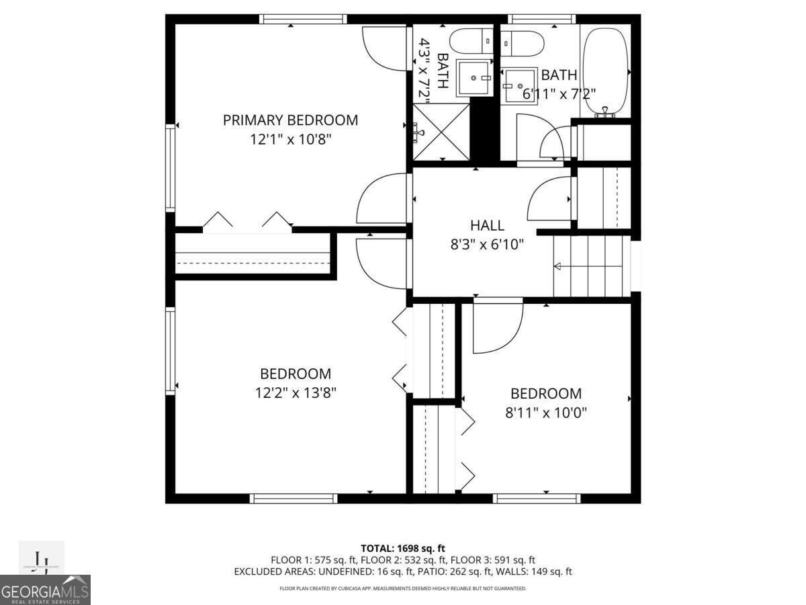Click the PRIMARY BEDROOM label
[290, 120]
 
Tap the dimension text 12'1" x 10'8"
[290, 139]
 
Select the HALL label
[487, 226]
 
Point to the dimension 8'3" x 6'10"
[487, 245]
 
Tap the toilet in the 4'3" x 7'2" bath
[472, 42]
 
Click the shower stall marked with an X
[441, 132]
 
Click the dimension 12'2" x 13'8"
[296, 393]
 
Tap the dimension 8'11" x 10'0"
[546, 413]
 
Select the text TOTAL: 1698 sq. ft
[403, 548]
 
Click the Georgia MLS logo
[45, 590]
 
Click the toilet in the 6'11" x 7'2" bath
[523, 43]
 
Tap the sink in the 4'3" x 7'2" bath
[474, 78]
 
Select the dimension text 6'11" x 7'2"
[559, 93]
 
